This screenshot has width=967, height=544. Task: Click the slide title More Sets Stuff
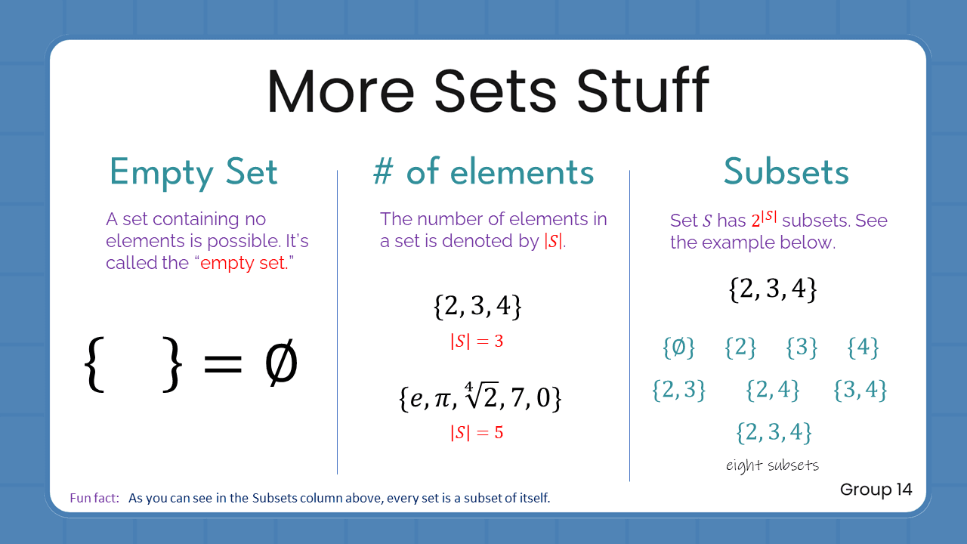[x=487, y=91]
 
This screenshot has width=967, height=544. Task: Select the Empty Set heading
[x=193, y=172]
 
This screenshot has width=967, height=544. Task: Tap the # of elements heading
[x=483, y=172]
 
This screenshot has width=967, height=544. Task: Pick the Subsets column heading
[x=786, y=172]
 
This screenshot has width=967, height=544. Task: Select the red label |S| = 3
[x=477, y=342]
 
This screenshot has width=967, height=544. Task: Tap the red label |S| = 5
[x=477, y=433]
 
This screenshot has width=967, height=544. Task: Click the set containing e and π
[x=480, y=398]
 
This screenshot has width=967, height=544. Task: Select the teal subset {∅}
[x=678, y=348]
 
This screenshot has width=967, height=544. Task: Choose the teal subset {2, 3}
[x=678, y=390]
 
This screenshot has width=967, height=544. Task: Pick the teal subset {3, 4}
[x=860, y=390]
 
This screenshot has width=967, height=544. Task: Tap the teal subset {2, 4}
[x=772, y=390]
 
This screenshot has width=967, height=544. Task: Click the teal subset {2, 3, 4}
[x=774, y=432]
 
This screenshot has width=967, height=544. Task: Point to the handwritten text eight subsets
[x=772, y=465]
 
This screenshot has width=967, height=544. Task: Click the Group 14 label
[x=876, y=490]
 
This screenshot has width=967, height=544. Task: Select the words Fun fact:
[x=94, y=499]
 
